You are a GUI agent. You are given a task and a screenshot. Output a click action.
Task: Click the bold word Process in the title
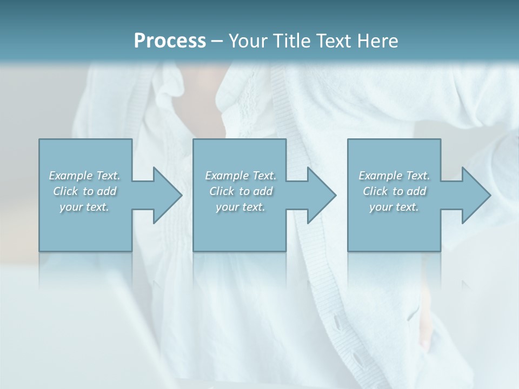170,41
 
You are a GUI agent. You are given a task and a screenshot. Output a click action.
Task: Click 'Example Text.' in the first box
84,176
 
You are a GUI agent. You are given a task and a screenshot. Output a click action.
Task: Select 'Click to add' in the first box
84,191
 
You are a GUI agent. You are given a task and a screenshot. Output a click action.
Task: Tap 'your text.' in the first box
84,207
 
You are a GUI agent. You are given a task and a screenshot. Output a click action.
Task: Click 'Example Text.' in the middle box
241,176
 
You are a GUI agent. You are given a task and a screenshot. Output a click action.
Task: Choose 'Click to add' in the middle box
241,191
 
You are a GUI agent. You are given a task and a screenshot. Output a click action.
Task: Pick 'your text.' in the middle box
241,207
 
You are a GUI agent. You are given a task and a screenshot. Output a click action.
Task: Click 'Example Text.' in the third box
394,176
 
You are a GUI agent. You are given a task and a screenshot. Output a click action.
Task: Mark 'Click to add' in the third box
394,191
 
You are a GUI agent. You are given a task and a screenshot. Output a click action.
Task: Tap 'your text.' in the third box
394,207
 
